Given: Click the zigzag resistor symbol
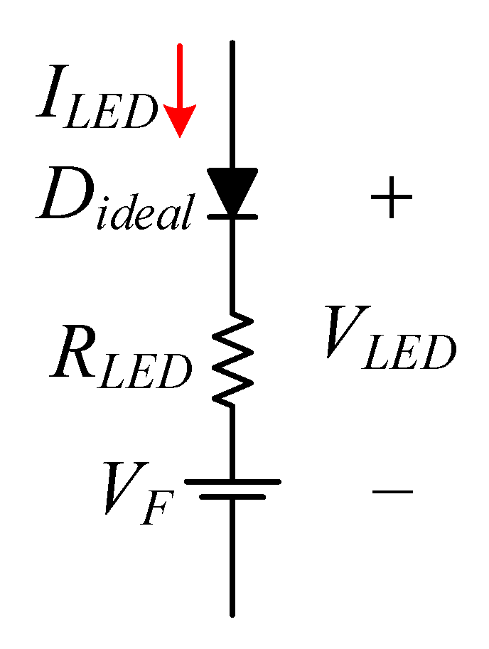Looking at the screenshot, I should click(232, 359).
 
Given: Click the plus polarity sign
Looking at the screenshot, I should click(391, 197).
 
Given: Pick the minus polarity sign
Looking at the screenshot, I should click(392, 490).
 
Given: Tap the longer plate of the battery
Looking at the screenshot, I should click(232, 481).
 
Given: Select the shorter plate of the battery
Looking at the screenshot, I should click(232, 496).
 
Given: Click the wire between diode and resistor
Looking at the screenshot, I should click(232, 263).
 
